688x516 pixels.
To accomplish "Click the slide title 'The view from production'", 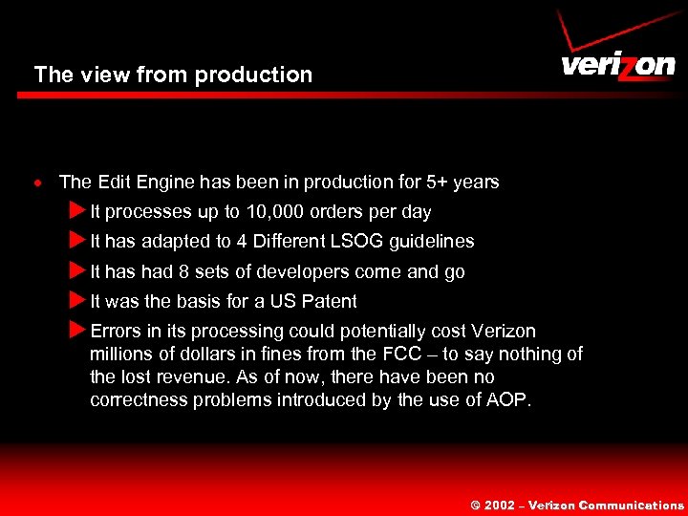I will point(173,75).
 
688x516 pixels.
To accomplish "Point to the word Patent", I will point(329,302).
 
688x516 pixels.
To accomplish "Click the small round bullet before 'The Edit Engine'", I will point(38,183).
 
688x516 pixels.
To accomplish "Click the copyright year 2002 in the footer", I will point(500,505).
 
